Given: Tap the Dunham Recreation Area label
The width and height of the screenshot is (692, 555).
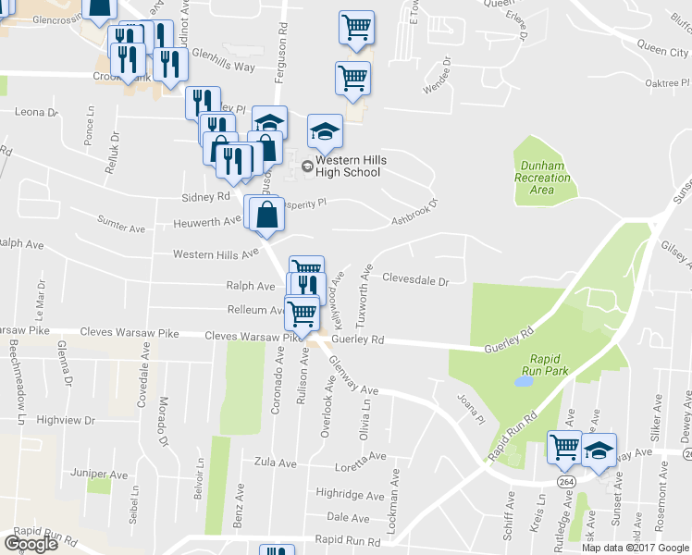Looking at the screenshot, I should tap(542, 178).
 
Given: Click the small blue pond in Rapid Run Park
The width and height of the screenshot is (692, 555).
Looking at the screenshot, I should tap(525, 380).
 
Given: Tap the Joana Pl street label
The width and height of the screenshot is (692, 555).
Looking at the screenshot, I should tap(470, 405).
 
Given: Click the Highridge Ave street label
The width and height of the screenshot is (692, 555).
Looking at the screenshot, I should tap(342, 493).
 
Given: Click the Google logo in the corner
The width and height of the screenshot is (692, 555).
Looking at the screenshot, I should tap(30, 543).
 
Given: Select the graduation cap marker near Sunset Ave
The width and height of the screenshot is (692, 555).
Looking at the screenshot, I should tap(599, 449).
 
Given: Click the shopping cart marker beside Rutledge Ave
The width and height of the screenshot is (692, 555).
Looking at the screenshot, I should tap(564, 447).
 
